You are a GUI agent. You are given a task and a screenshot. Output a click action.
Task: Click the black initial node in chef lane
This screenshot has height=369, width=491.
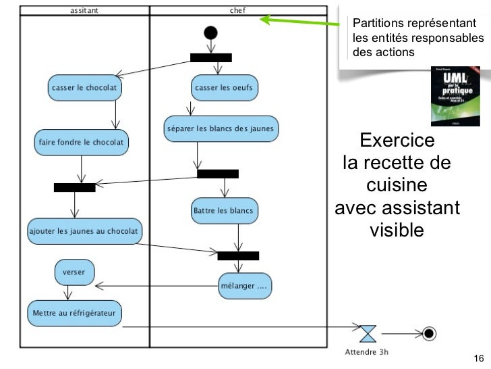click(210, 32)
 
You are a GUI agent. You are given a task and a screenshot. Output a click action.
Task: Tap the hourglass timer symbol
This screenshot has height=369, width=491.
click(368, 333)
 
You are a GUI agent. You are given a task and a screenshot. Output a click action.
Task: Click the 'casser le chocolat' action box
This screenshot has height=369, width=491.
click(84, 87)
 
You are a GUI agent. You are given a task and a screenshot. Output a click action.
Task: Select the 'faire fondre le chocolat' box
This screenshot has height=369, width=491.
click(82, 143)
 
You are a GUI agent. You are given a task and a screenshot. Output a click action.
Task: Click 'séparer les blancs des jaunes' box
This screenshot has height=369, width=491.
click(221, 128)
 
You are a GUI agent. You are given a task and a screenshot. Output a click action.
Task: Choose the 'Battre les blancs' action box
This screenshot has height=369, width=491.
click(223, 210)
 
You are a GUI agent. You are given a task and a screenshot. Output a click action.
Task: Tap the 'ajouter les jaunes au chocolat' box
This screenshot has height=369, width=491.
click(84, 231)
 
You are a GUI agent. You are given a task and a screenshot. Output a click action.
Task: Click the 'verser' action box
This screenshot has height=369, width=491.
click(74, 272)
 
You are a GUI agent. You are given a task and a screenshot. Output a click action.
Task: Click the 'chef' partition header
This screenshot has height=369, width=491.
click(238, 10)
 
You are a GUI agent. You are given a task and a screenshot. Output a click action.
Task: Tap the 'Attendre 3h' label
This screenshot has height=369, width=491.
click(367, 351)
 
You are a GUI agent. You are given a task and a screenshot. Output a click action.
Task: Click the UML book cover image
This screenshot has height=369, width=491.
click(455, 97)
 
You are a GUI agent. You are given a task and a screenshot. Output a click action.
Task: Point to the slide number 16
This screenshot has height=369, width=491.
click(479, 358)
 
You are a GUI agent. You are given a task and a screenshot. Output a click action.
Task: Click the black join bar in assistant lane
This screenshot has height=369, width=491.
click(75, 187)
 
